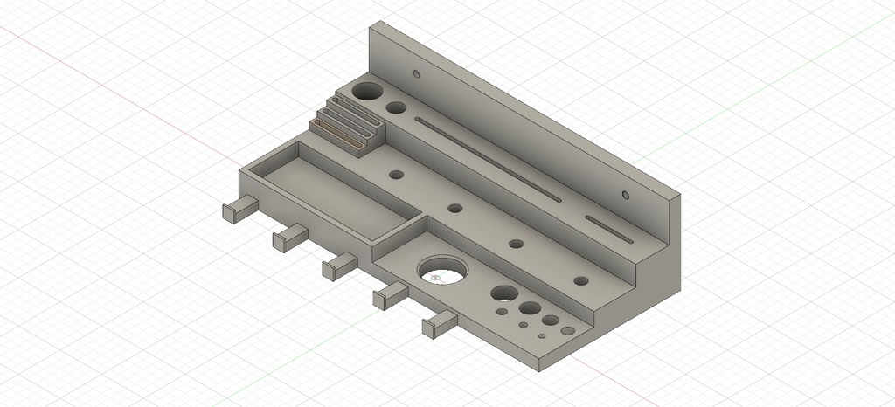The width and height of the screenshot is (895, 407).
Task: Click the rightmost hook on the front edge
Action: pos(439,324)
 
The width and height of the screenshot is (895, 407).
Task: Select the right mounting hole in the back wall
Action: pos(625,194)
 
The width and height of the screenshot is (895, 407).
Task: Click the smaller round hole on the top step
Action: pos(396,109)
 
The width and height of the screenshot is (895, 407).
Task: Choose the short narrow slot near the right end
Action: pos(609,229)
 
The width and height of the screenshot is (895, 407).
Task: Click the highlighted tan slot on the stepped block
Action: pos(336,135)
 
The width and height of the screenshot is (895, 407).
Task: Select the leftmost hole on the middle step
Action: pos(397,175)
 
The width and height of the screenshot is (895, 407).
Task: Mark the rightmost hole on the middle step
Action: pos(581,281)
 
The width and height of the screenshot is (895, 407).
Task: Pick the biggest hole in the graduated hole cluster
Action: pos(503,294)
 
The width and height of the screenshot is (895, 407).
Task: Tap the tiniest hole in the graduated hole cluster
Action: pos(543,336)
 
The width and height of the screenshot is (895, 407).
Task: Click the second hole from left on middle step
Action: pos(454,209)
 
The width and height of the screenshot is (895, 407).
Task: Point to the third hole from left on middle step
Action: pos(516,244)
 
